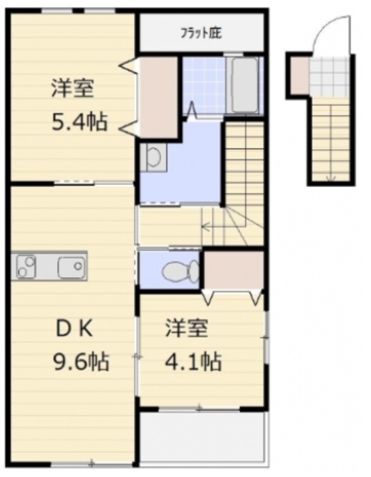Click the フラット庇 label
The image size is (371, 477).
tap(201, 33)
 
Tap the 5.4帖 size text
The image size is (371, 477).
tap(80, 121)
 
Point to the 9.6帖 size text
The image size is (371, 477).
tap(81, 361)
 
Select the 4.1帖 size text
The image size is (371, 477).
tap(193, 361)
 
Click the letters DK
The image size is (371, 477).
tap(74, 329)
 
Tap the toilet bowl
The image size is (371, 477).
tap(180, 271)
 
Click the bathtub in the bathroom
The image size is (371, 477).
tap(245, 85)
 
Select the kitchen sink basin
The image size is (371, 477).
tap(72, 267)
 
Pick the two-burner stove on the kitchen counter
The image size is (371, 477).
tap(27, 267)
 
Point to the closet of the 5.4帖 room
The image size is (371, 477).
tap(158, 97)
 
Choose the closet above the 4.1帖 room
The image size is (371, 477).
tap(233, 270)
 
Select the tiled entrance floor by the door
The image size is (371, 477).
tap(329, 78)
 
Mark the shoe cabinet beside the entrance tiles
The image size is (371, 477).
tap(299, 76)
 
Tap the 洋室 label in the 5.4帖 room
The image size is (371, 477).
tap(72, 88)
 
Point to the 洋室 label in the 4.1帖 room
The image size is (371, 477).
tap(186, 328)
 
